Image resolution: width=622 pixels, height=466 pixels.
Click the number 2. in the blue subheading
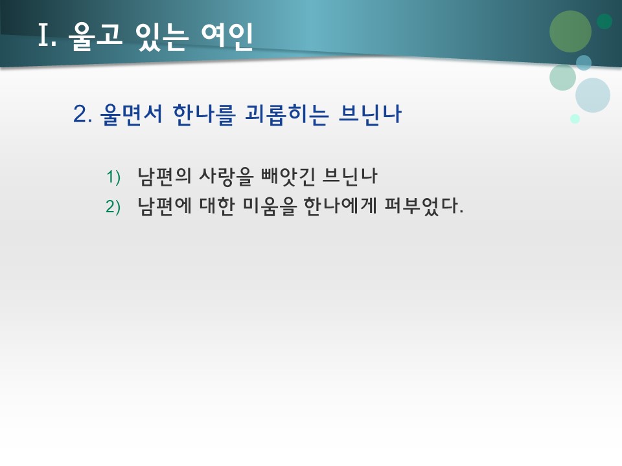click(83, 115)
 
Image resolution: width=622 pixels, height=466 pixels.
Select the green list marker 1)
click(113, 177)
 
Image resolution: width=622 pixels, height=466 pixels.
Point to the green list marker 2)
click(113, 206)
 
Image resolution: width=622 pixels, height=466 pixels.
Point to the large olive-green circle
click(570, 31)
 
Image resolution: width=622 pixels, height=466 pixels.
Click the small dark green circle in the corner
click(605, 21)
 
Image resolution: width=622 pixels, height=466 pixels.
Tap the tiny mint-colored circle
click(575, 118)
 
